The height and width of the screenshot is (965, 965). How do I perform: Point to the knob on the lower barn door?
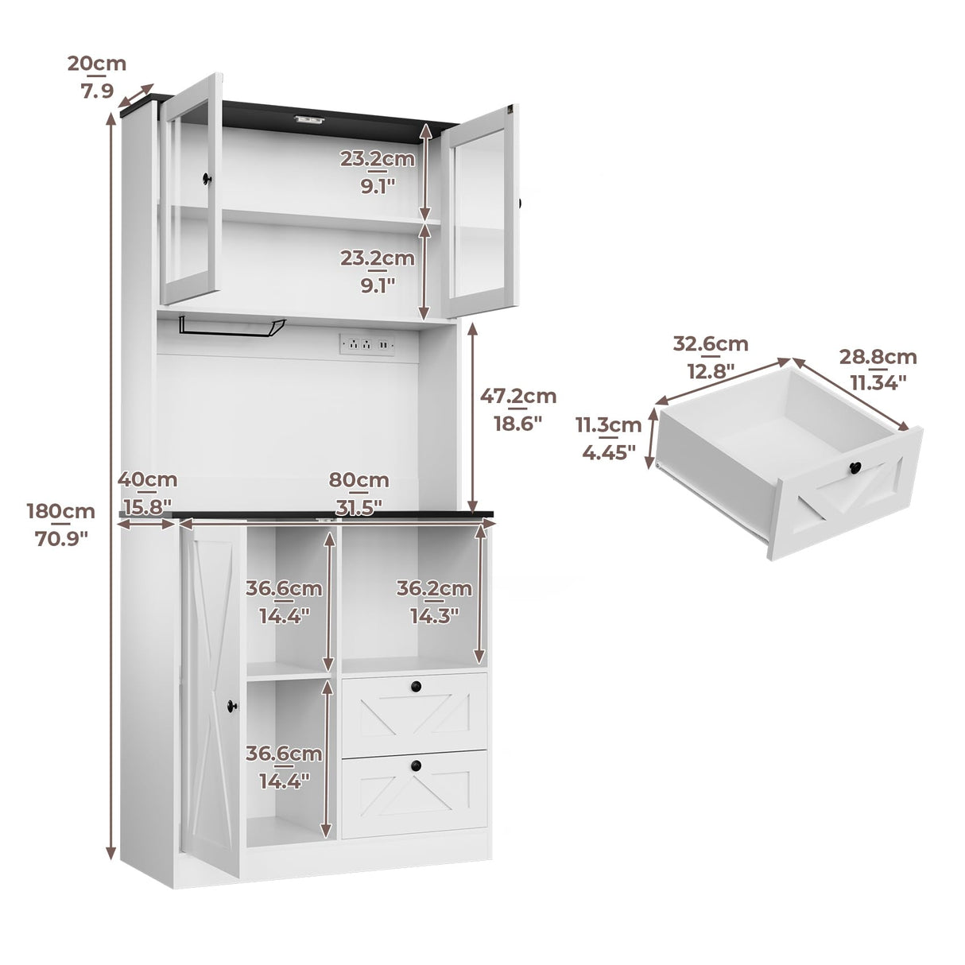point(233,703)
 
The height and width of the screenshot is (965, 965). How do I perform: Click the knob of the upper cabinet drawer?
point(414,685)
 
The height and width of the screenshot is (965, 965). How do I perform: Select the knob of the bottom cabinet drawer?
point(414,764)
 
